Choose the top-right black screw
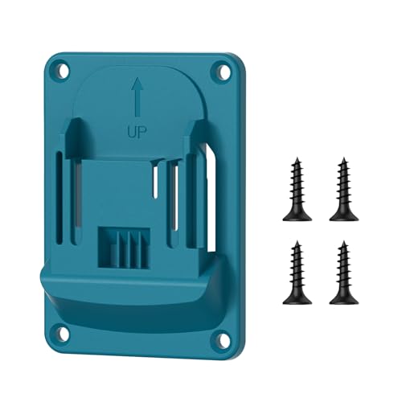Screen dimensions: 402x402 (343, 189)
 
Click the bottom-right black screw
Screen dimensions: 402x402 (343, 271)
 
